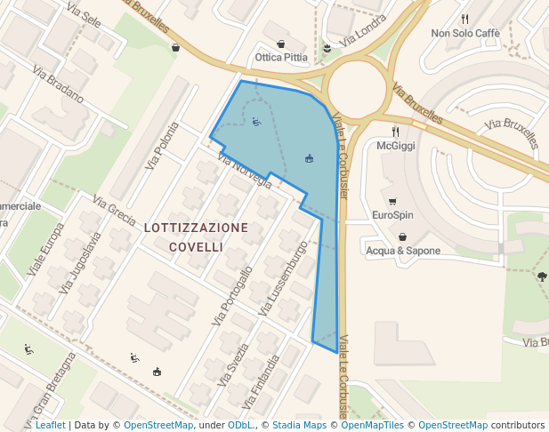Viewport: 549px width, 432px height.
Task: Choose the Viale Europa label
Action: click(x=45, y=249)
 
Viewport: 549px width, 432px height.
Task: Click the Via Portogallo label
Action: click(x=233, y=294)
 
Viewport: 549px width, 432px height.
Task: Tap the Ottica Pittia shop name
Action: click(x=281, y=57)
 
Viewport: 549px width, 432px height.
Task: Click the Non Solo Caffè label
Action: click(x=465, y=33)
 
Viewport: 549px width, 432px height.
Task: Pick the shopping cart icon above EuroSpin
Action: click(x=392, y=201)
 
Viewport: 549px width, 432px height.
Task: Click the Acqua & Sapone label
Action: click(x=403, y=251)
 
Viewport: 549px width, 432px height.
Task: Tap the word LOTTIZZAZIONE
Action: click(x=196, y=228)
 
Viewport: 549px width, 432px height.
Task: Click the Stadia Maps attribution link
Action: click(x=299, y=425)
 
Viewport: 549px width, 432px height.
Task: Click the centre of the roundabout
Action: click(x=357, y=89)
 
